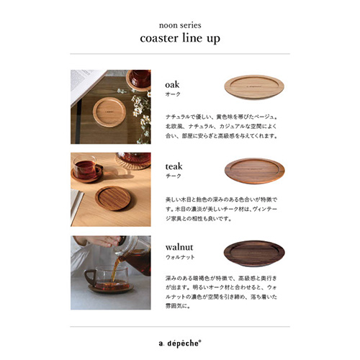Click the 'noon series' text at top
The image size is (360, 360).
pyautogui.click(x=179, y=22)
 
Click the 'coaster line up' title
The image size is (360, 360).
pyautogui.click(x=179, y=38)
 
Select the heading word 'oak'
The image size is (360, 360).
pyautogui.click(x=172, y=84)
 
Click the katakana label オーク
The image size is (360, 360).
pyautogui.click(x=172, y=94)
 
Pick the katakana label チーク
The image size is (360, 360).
pyautogui.click(x=172, y=176)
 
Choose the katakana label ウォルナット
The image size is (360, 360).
pyautogui.click(x=180, y=257)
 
